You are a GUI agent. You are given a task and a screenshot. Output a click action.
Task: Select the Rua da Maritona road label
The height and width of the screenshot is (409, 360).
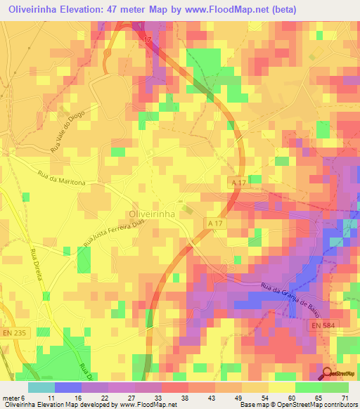[x=62, y=181]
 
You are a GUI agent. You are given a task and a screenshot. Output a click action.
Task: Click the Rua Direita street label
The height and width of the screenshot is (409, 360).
[x=37, y=265]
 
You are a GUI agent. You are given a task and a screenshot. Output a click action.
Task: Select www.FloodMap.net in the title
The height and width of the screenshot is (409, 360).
[x=216, y=10]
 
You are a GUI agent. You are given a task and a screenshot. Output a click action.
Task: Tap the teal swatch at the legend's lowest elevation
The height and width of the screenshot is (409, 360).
[x=41, y=387]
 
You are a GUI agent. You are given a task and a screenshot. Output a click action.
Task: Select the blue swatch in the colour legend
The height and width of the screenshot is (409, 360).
[x=67, y=387]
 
